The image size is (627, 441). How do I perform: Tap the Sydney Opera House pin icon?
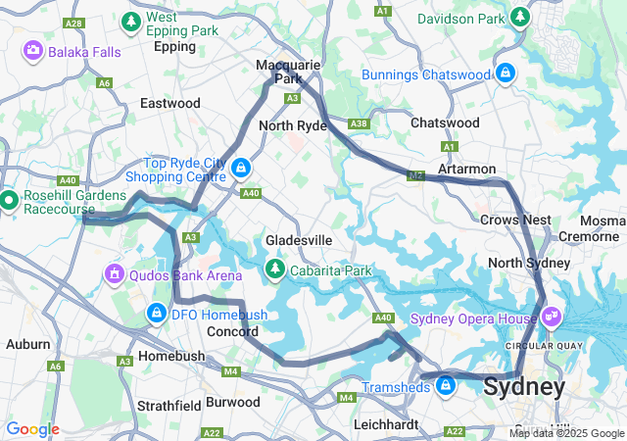point(552,316)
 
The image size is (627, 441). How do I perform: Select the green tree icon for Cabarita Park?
point(276,268)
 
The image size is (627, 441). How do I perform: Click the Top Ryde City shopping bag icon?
point(240,169)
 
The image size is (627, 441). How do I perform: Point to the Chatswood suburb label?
point(445,122)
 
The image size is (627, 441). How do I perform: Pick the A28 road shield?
point(72,23)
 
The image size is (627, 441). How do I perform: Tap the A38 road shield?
point(360,123)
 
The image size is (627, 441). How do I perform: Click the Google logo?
point(32,429)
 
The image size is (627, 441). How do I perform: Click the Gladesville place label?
point(299,240)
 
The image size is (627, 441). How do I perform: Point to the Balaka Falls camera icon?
point(32,49)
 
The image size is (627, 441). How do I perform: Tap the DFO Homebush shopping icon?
point(155,313)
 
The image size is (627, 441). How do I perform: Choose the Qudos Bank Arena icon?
point(115,273)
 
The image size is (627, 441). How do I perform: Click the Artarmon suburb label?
point(467,169)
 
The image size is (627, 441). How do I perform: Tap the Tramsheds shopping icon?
point(446,386)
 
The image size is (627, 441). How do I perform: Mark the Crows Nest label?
point(516,220)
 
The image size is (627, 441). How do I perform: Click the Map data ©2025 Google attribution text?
point(565,433)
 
